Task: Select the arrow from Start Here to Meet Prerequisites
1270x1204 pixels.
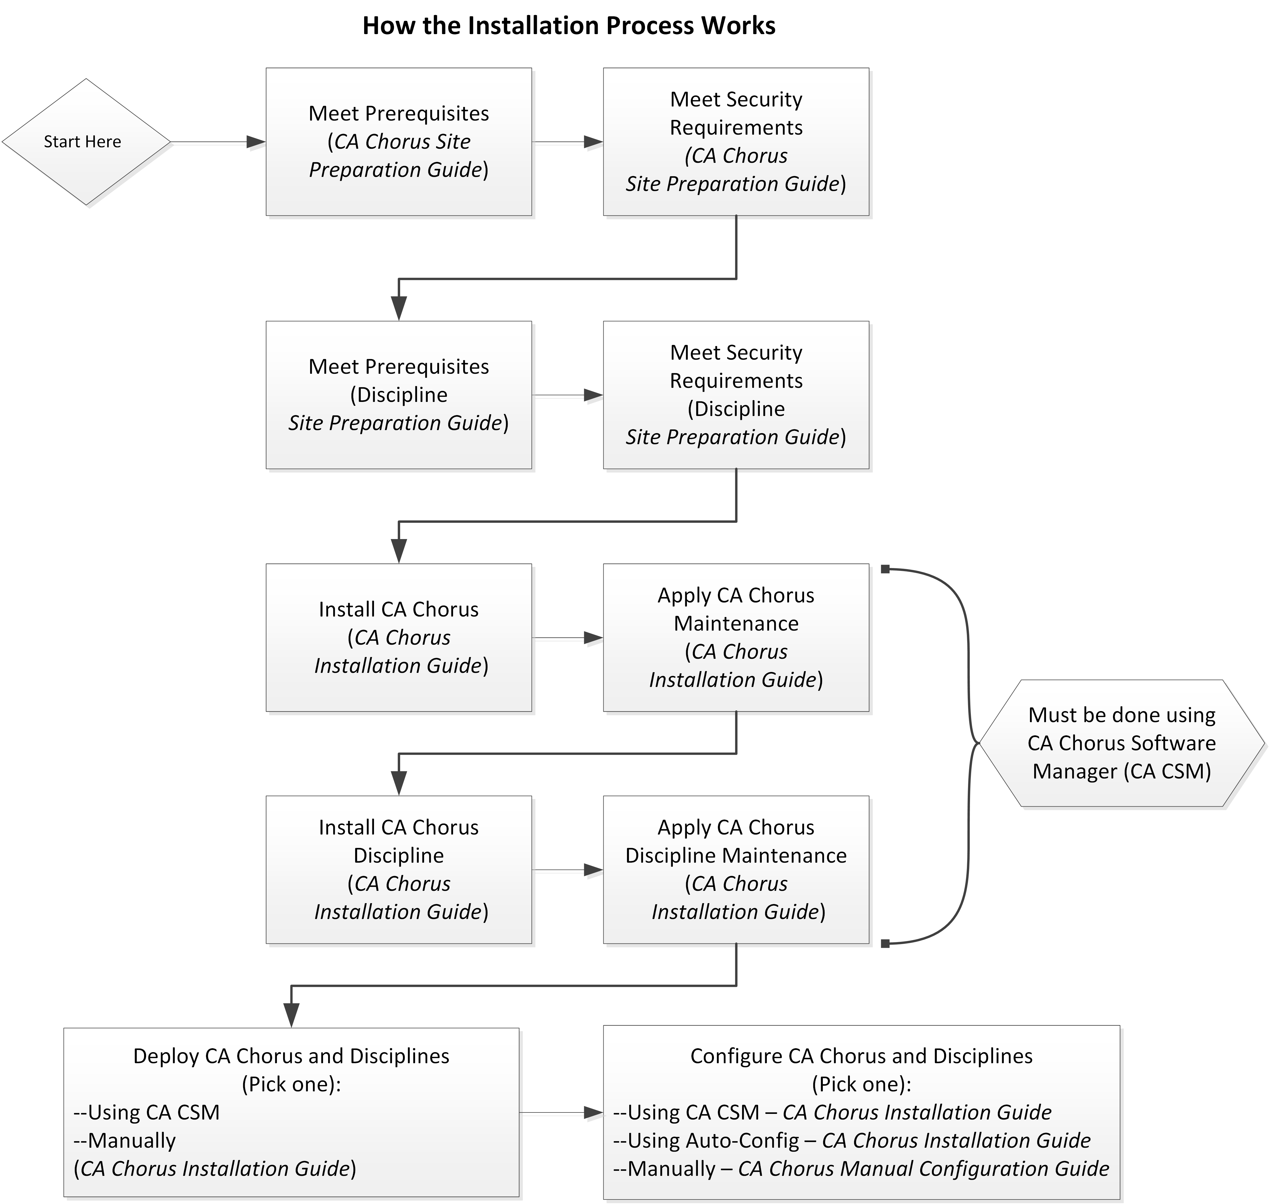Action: tap(218, 142)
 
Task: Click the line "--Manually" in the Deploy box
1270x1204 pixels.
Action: tap(125, 1140)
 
